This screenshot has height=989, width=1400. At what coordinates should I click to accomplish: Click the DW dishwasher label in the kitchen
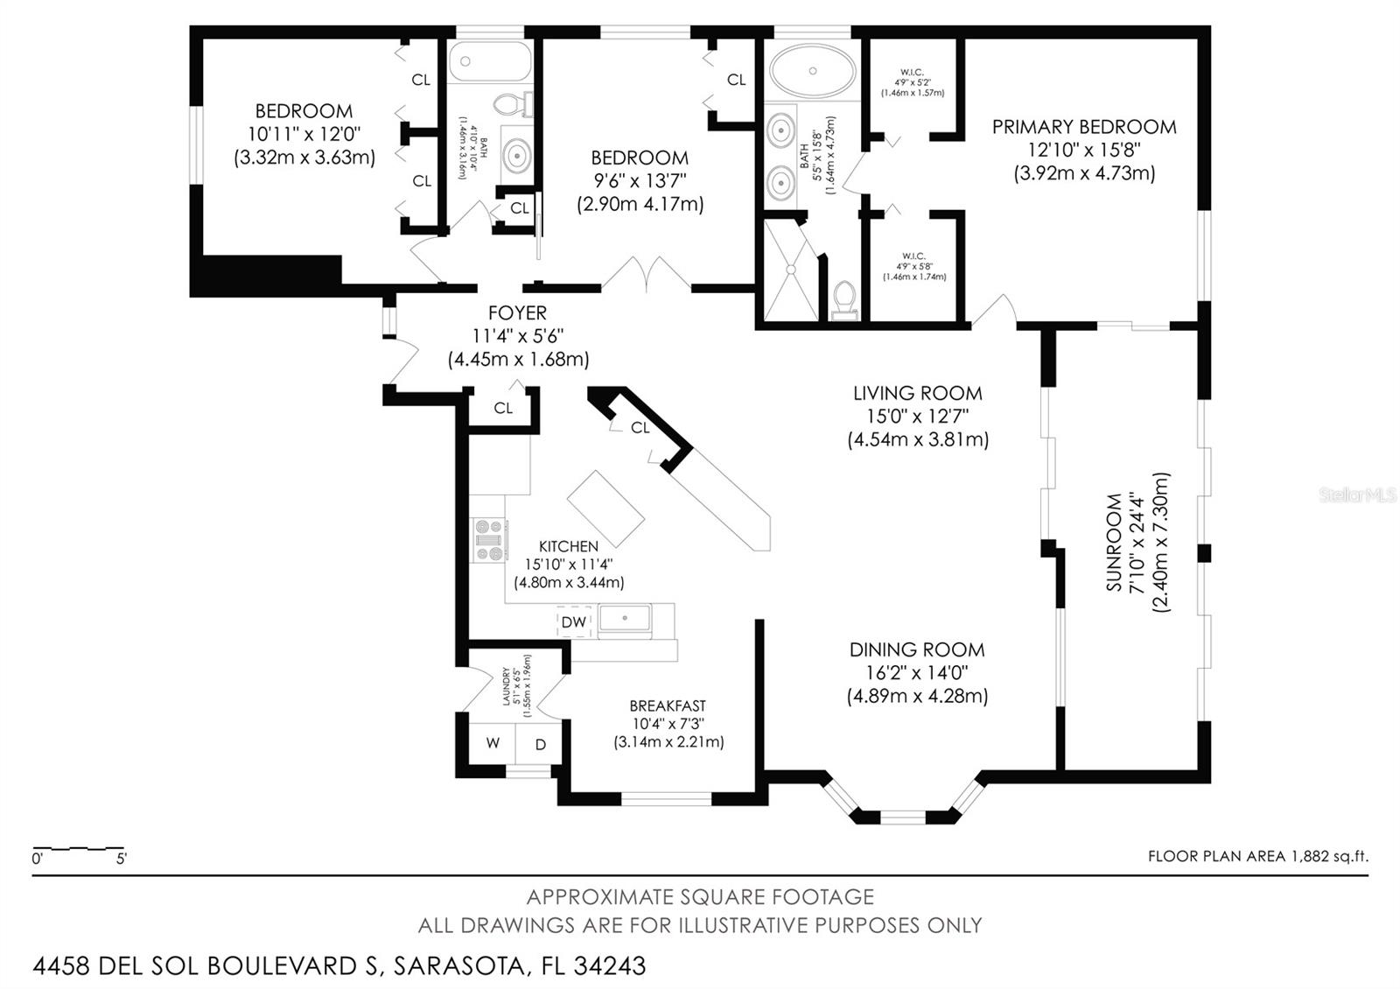click(x=573, y=622)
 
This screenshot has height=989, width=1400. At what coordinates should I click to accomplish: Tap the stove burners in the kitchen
click(x=490, y=540)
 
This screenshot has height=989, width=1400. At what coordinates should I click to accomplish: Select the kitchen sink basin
click(x=625, y=617)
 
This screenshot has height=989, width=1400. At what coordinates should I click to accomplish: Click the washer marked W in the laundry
click(x=493, y=743)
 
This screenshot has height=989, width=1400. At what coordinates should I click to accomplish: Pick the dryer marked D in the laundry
click(x=540, y=745)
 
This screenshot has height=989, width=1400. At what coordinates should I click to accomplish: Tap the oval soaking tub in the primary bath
click(x=813, y=70)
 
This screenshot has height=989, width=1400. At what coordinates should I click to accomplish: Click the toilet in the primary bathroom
click(x=844, y=298)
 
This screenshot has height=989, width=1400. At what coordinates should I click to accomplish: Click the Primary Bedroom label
click(x=1083, y=127)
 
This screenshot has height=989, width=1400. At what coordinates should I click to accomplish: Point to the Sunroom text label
click(x=1114, y=542)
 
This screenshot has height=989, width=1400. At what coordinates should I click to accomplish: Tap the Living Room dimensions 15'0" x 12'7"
click(x=917, y=417)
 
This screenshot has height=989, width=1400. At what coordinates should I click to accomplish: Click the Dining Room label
click(x=916, y=649)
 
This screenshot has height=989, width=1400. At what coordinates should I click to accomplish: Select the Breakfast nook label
click(x=668, y=705)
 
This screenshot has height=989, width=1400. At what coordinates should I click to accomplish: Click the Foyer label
click(x=517, y=312)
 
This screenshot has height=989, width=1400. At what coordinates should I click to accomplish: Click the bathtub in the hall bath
click(x=490, y=62)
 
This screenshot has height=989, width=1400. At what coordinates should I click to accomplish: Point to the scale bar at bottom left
click(x=78, y=849)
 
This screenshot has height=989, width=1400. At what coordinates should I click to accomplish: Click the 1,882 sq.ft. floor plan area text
click(x=1328, y=856)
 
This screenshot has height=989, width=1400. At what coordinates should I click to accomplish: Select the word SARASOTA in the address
click(x=460, y=965)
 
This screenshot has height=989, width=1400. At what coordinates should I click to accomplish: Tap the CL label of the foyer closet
click(x=503, y=408)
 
